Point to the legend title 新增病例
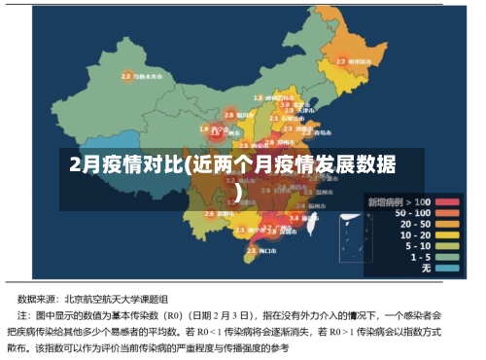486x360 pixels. (x=384, y=201)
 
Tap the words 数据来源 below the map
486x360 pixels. (x=40, y=299)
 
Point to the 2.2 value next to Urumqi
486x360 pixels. (x=126, y=76)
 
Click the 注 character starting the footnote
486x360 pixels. (x=23, y=316)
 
